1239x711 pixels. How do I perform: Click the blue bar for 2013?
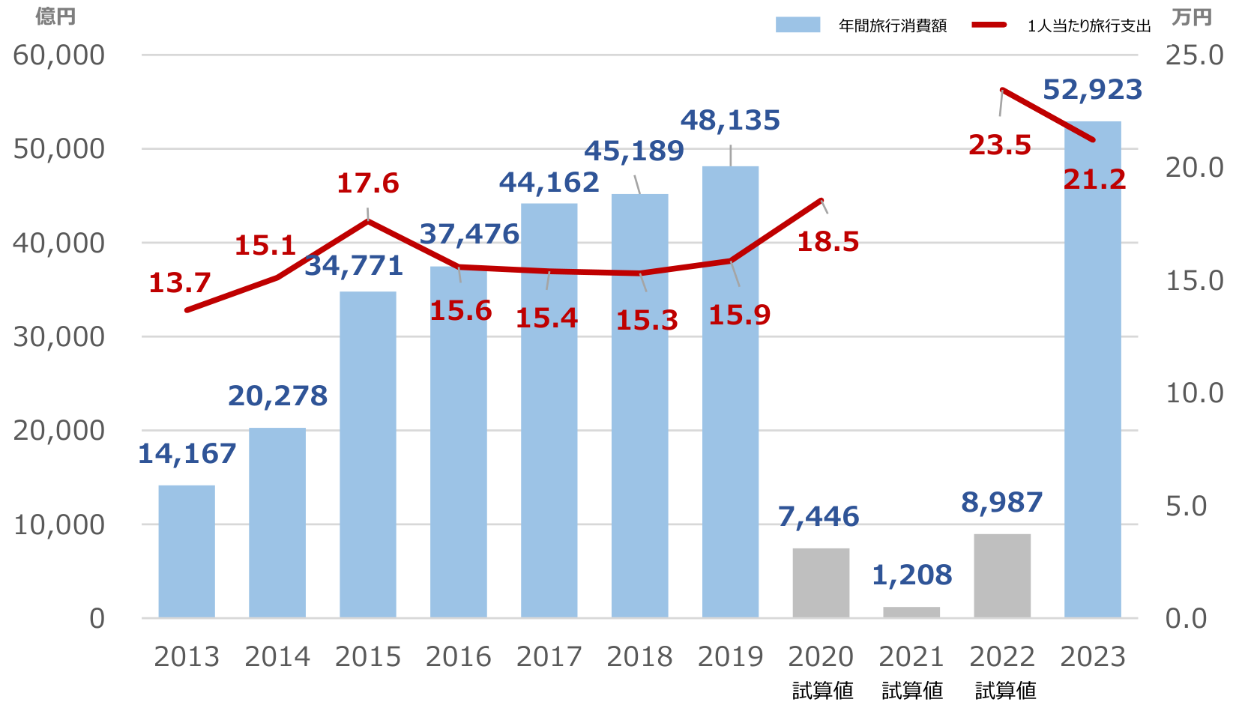coord(187,551)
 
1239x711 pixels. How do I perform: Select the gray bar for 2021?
coord(911,612)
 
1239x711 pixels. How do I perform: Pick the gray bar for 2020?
coord(821,583)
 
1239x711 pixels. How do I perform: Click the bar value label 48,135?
coord(730,120)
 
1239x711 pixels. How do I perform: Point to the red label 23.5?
coord(1000,145)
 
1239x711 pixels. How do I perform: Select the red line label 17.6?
coord(367,183)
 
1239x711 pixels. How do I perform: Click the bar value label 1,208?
coord(911,575)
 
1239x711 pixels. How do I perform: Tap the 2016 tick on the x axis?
coord(459,656)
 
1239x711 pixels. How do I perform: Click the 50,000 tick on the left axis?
coord(59,148)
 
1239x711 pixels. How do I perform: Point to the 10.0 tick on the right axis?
coord(1194,393)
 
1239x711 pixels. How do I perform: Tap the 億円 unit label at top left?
coord(55,16)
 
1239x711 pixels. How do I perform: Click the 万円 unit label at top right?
coord(1192,16)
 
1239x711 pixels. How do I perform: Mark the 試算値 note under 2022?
coord(1005,690)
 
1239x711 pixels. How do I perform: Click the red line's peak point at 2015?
coord(368,221)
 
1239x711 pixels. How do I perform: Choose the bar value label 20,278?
coord(277,396)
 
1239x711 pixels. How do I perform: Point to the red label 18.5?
coord(827,241)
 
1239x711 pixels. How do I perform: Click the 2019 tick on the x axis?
coord(730,656)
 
